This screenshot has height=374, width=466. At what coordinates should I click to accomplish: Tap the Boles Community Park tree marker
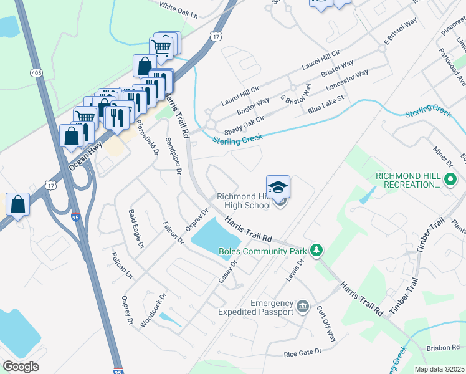(x=317, y=251)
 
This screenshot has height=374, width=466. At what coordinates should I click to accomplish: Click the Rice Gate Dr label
(x=302, y=352)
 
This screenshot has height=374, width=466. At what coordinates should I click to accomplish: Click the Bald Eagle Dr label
(x=136, y=229)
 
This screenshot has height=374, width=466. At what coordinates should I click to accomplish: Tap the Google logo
(x=21, y=367)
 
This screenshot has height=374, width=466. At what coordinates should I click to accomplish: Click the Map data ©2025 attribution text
(x=439, y=369)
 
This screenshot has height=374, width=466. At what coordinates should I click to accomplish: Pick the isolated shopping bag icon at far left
(x=18, y=204)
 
